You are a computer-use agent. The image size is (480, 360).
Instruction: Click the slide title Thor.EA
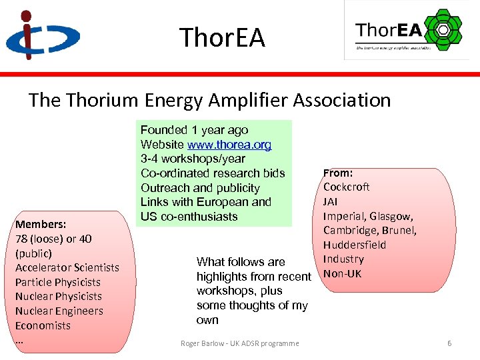(222, 37)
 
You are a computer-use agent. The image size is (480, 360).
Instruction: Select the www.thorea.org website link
(229, 145)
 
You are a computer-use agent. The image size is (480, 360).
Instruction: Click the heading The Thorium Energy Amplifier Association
(209, 101)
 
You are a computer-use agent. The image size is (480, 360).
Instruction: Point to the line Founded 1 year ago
(194, 130)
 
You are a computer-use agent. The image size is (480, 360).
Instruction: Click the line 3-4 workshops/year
(193, 159)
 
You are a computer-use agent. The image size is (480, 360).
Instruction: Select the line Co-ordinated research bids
(213, 173)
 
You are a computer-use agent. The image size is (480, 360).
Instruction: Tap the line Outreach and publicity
(200, 188)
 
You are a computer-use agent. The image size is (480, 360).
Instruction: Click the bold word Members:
(40, 224)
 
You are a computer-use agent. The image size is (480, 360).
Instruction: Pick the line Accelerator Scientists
(67, 267)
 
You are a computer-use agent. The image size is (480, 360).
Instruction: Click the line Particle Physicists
(58, 282)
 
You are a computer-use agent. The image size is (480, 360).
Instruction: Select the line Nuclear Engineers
(59, 311)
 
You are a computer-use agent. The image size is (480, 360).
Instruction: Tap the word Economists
(43, 325)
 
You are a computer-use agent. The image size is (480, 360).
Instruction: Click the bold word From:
(338, 173)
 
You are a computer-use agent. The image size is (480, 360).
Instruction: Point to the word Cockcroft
(346, 187)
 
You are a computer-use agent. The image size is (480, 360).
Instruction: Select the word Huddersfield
(355, 245)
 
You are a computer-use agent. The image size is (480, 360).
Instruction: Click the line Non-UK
(342, 273)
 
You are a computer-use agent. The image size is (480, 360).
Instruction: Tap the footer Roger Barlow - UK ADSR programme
(240, 343)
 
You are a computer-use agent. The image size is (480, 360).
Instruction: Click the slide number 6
(449, 343)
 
